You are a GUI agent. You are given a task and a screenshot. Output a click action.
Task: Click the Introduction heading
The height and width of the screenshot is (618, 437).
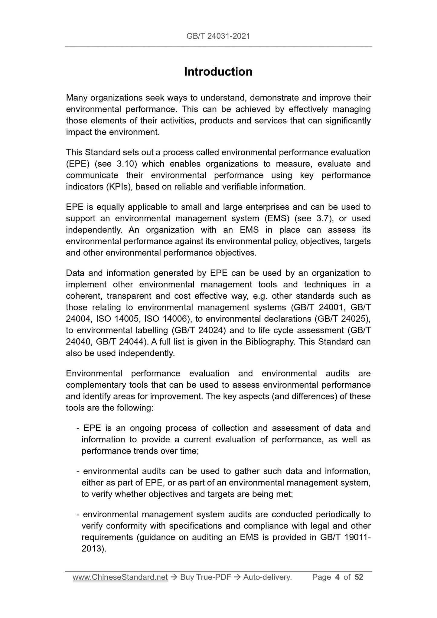click(x=218, y=72)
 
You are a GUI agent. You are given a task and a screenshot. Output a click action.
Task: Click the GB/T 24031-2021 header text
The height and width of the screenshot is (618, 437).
click(x=218, y=36)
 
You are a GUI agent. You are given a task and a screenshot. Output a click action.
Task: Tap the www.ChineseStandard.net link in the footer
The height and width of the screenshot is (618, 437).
click(x=120, y=577)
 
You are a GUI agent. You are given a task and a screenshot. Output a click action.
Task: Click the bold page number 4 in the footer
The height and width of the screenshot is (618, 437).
click(x=337, y=577)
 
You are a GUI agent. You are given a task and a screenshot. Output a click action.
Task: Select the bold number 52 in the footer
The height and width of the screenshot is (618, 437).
click(x=359, y=577)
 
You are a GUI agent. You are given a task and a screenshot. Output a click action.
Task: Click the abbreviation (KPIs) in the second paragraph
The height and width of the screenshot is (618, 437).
click(x=119, y=187)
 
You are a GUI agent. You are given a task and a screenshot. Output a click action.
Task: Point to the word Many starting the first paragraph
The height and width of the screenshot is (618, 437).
click(x=77, y=98)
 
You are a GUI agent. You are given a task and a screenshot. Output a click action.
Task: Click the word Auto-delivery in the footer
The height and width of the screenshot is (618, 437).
click(x=267, y=577)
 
